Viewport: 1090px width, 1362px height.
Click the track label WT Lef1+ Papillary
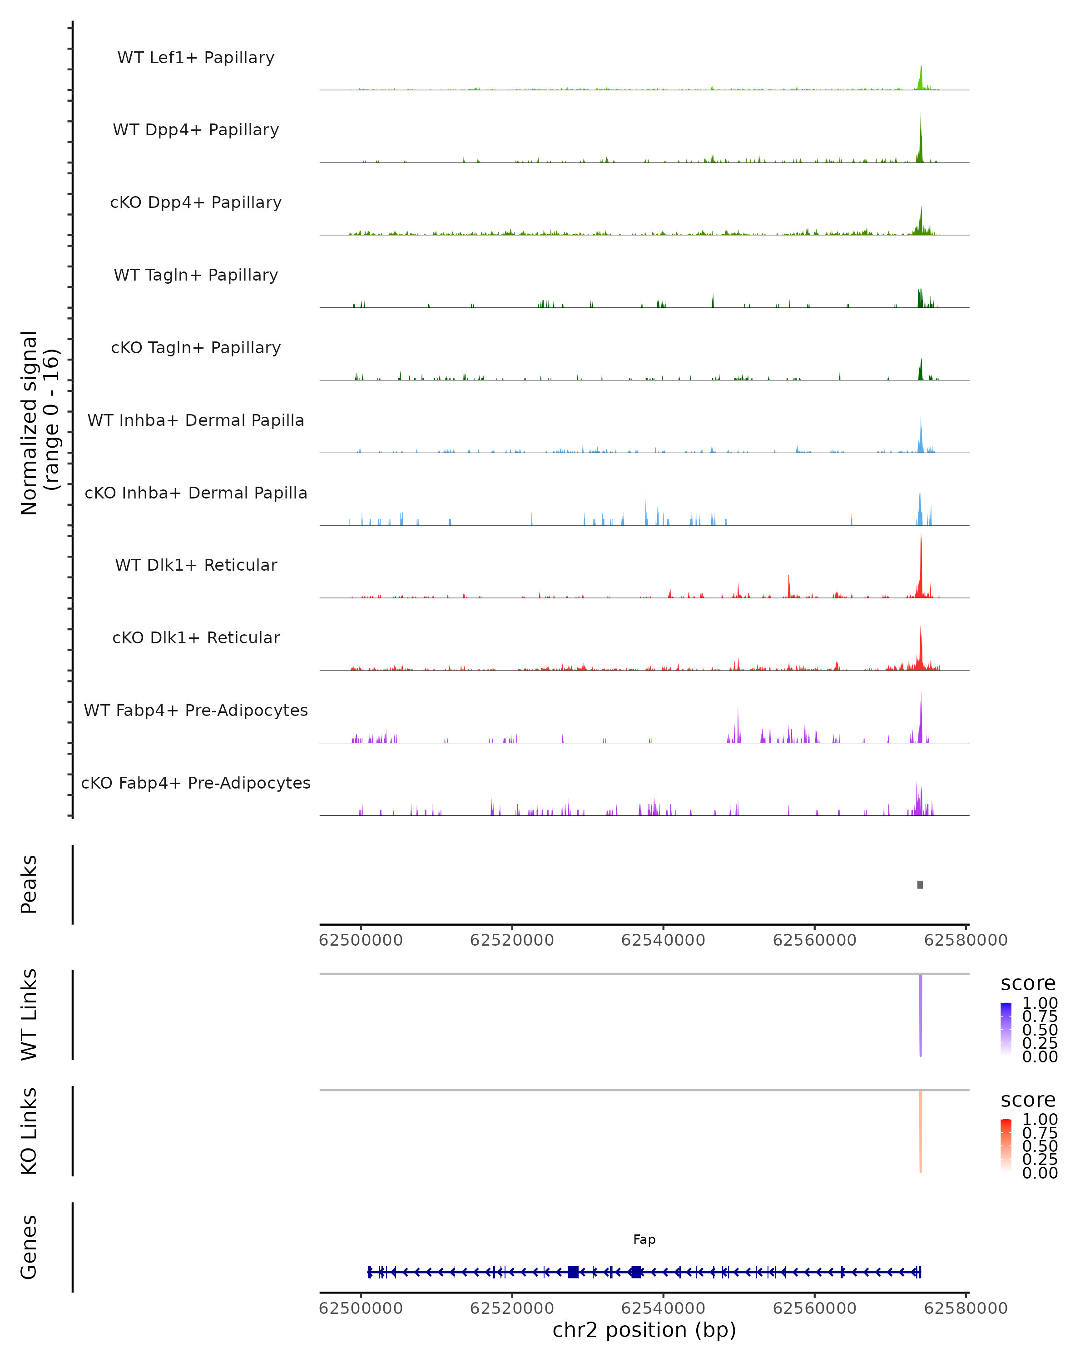pyautogui.click(x=196, y=58)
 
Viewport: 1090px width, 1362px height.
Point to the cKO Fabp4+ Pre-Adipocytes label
pyautogui.click(x=196, y=783)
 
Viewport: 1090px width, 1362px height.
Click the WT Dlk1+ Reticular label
pyautogui.click(x=196, y=565)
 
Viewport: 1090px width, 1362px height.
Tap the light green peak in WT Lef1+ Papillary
pyautogui.click(x=921, y=79)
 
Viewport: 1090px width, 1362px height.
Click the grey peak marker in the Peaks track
pyautogui.click(x=920, y=884)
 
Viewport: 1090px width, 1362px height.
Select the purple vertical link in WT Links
pyautogui.click(x=921, y=1015)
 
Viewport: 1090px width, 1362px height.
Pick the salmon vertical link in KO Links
pyautogui.click(x=921, y=1131)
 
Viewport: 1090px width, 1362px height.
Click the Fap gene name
pyautogui.click(x=644, y=1239)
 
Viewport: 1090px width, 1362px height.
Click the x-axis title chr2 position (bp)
pyautogui.click(x=644, y=1330)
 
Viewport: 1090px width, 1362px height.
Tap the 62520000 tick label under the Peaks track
pyautogui.click(x=512, y=940)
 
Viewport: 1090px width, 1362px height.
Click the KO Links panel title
pyautogui.click(x=29, y=1131)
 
